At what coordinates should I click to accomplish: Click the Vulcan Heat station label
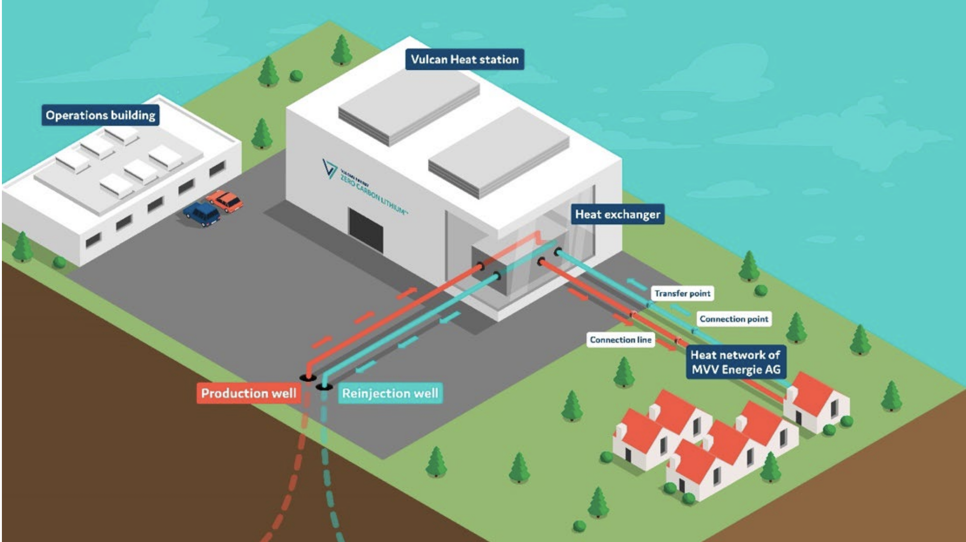pyautogui.click(x=464, y=59)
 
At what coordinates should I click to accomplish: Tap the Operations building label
pyautogui.click(x=100, y=115)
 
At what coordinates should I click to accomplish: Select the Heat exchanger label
pyautogui.click(x=617, y=215)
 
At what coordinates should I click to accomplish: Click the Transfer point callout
pyautogui.click(x=682, y=293)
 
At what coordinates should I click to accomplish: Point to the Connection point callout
pyautogui.click(x=734, y=319)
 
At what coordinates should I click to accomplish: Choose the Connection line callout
pyautogui.click(x=620, y=340)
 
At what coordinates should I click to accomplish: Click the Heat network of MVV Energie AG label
pyautogui.click(x=736, y=362)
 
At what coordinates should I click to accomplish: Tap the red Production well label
pyautogui.click(x=248, y=393)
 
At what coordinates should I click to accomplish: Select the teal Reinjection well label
pyautogui.click(x=390, y=393)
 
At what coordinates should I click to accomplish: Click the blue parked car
pyautogui.click(x=202, y=213)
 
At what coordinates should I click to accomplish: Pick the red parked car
pyautogui.click(x=226, y=201)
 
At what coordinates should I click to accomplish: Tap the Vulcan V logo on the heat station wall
pyautogui.click(x=329, y=168)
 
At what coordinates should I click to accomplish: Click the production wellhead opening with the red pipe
pyautogui.click(x=308, y=377)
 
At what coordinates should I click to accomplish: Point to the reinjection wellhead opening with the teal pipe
pyautogui.click(x=324, y=387)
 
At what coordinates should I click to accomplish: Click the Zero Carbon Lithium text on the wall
pyautogui.click(x=373, y=195)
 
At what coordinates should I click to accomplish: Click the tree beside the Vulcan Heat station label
pyautogui.click(x=341, y=50)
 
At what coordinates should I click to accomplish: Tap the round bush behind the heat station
pyautogui.click(x=296, y=75)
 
